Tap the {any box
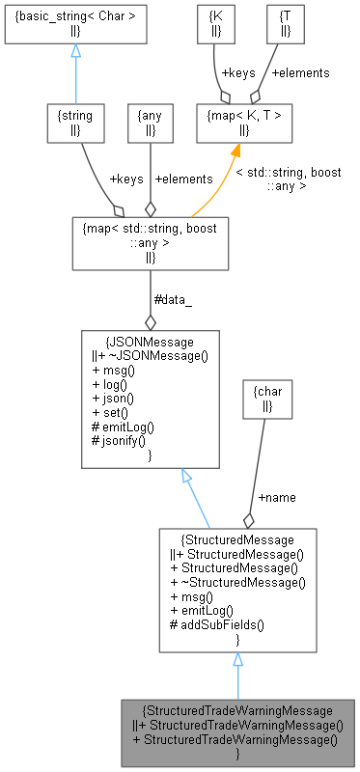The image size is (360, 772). click(x=150, y=122)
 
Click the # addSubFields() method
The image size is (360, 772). click(x=223, y=624)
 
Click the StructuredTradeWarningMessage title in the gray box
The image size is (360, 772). click(x=237, y=710)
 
